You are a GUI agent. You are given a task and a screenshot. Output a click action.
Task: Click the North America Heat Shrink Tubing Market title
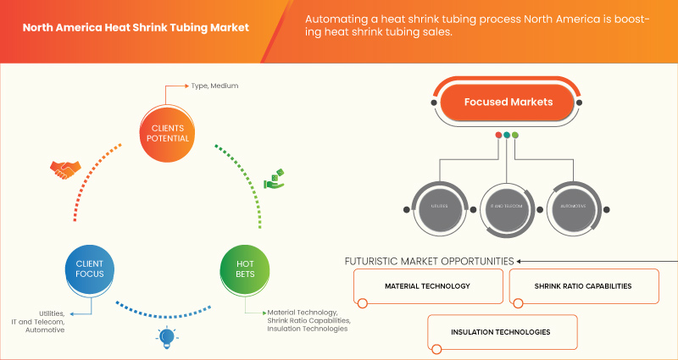(136, 27)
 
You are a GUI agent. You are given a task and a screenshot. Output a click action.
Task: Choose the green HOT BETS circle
(244, 269)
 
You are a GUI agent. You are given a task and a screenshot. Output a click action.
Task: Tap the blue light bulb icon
(167, 338)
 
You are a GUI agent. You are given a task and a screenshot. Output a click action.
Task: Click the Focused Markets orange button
(508, 102)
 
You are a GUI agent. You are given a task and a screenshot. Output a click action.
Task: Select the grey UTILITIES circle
(437, 206)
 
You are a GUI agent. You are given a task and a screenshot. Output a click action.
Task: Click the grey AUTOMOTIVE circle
(574, 206)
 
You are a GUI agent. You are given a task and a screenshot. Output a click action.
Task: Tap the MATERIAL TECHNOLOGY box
(427, 286)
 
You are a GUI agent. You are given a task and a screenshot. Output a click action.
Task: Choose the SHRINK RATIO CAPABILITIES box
(583, 286)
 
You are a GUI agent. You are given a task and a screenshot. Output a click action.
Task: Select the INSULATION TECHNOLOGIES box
(503, 332)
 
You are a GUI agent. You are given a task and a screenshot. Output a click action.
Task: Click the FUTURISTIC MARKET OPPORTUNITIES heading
(429, 261)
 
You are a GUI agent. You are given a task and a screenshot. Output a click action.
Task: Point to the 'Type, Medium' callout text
(213, 86)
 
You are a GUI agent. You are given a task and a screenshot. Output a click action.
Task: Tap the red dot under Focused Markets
(497, 135)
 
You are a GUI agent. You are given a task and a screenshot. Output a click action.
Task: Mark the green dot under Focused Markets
(514, 135)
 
